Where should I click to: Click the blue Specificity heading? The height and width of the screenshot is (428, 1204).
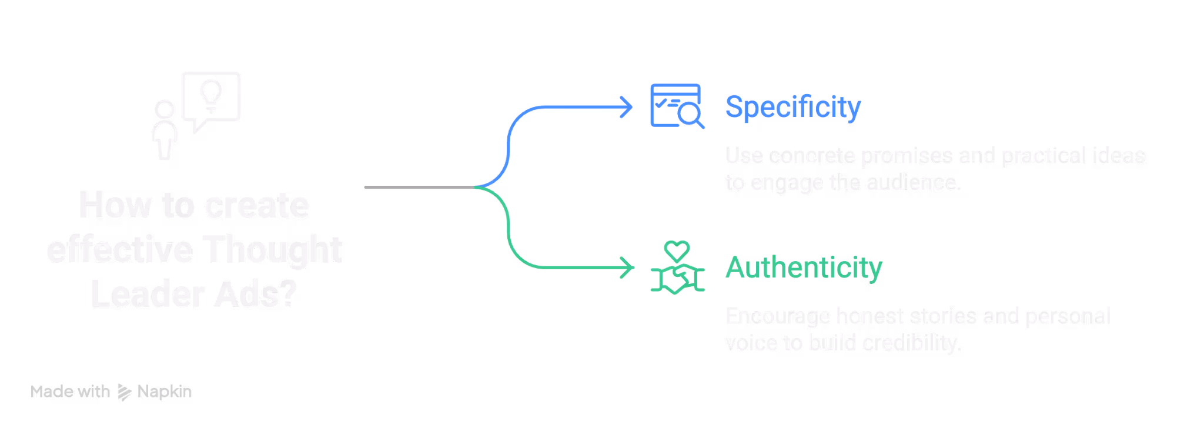tap(792, 108)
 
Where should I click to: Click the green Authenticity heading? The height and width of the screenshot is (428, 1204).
tap(804, 268)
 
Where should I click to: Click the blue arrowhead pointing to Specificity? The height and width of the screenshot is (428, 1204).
tap(627, 108)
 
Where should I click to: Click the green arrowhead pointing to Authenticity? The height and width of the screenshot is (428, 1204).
tap(627, 267)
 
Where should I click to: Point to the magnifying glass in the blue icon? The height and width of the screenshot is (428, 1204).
tap(690, 114)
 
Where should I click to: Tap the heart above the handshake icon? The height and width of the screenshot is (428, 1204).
tap(677, 251)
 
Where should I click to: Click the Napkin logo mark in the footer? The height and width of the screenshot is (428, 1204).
tap(124, 392)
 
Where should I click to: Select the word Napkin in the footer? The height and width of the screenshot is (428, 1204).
tap(165, 392)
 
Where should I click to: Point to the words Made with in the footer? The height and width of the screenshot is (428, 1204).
tap(70, 392)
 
